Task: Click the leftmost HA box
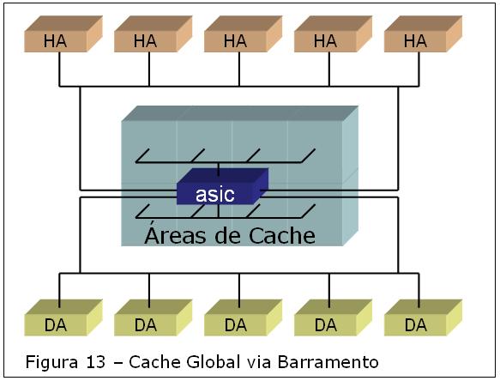point(63,33)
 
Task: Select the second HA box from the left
point(153,33)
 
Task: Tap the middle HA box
point(243,33)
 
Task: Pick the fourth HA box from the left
point(333,33)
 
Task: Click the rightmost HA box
point(423,33)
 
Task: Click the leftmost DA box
point(63,317)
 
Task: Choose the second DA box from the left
point(153,317)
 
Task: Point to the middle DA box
point(243,317)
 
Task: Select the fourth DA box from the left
point(333,317)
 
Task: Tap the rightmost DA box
point(423,317)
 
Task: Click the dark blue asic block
point(222,187)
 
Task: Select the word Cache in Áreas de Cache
point(282,235)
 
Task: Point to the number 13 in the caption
point(95,362)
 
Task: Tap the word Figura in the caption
point(51,362)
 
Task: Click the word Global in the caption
point(213,362)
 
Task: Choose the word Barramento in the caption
point(328,362)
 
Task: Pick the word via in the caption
point(259,362)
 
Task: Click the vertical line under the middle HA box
point(239,70)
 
